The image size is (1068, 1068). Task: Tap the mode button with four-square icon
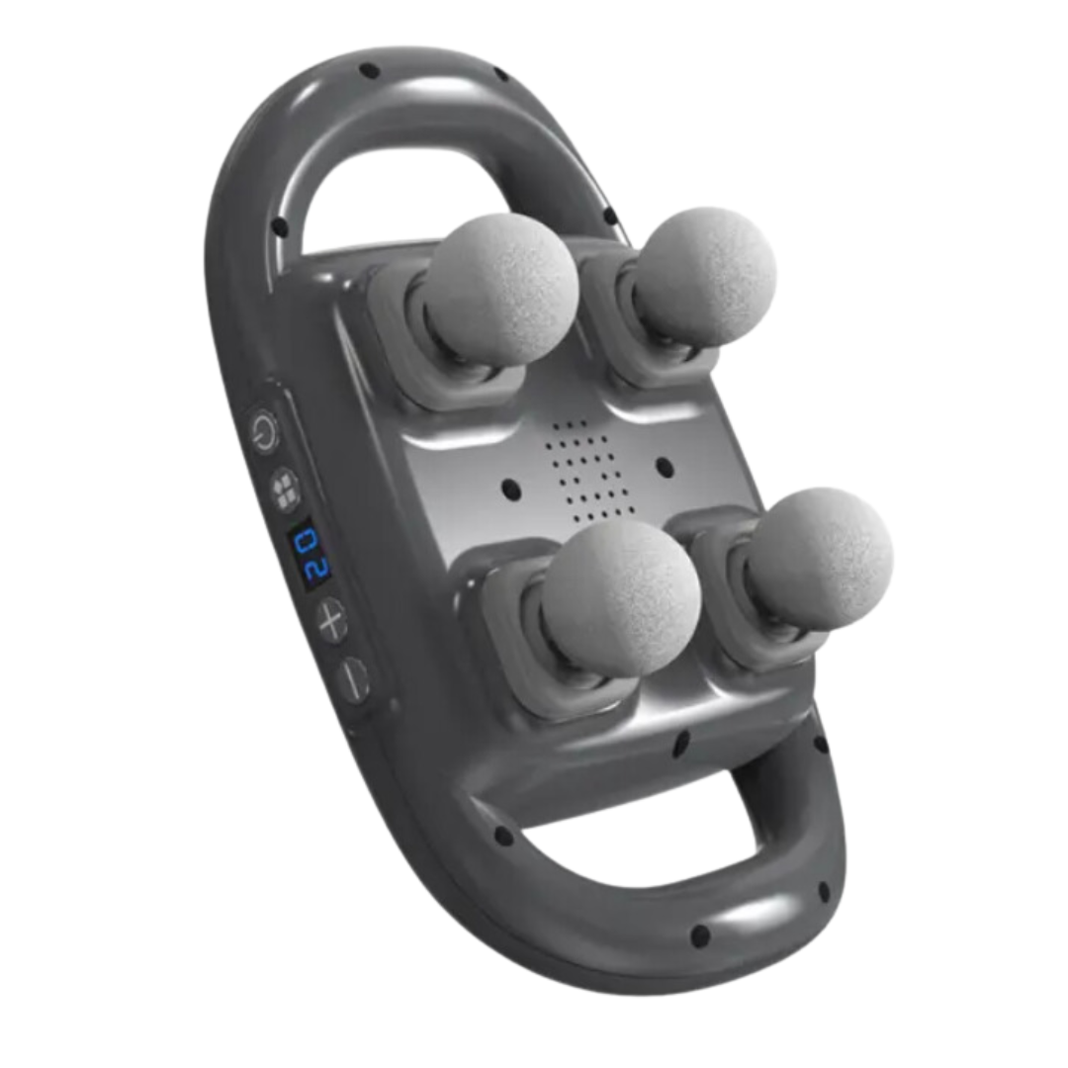coord(285,489)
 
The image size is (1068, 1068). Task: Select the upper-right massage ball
coord(705,276)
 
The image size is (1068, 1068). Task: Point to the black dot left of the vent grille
coord(511,489)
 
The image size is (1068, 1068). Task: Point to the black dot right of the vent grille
coord(665,467)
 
